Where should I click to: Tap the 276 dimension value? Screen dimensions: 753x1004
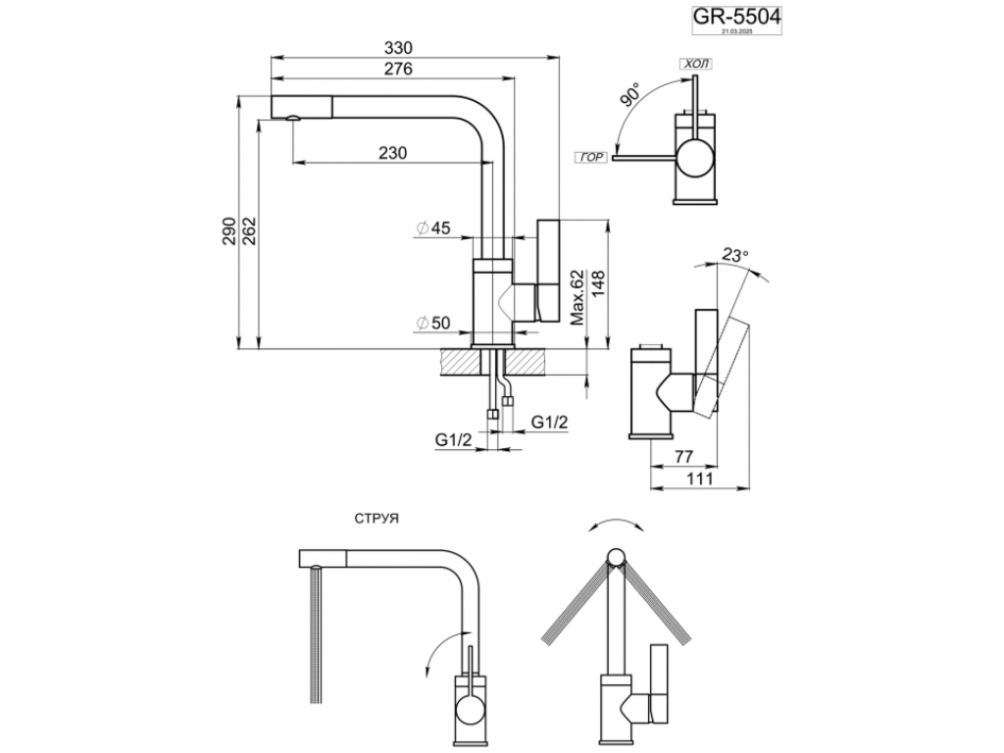coord(399,69)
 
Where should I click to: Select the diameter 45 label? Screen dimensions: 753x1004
coord(432,228)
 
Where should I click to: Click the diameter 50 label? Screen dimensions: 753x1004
coord(432,323)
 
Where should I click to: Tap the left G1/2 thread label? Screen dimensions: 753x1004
coord(455,438)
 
